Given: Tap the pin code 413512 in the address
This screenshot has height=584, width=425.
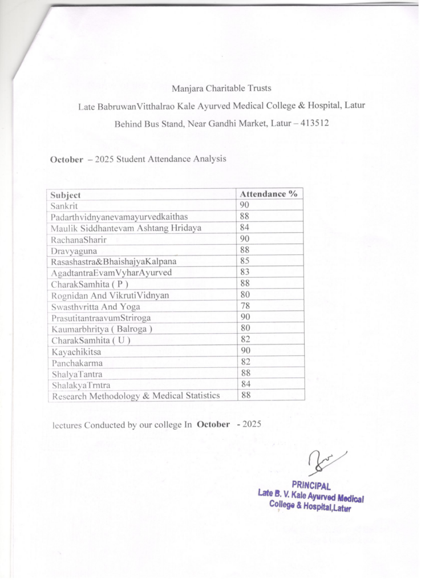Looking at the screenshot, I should tap(315, 123).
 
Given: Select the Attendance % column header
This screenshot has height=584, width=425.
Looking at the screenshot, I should tap(269, 194).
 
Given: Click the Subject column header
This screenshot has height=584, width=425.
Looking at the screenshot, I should tap(66, 195).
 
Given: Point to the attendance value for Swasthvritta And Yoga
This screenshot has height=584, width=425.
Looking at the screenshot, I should tap(245, 306).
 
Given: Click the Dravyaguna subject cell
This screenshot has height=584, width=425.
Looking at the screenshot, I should tap(74, 250).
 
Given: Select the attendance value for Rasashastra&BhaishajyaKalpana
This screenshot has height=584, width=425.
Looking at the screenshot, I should tap(245, 261).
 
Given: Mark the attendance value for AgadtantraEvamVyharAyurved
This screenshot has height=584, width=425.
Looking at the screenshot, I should tap(245, 273).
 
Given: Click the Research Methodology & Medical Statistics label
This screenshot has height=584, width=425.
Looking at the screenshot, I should tap(135, 395).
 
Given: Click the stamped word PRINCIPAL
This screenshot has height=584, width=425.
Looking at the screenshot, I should tap(311, 485).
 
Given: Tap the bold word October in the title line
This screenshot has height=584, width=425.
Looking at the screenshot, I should tap(67, 159).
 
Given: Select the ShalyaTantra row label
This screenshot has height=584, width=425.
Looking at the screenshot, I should tap(75, 374).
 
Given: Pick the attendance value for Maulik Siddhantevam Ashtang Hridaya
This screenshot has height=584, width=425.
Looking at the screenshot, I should tap(245, 228).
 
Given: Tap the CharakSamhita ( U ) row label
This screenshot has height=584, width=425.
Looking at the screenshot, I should tap(90, 340).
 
